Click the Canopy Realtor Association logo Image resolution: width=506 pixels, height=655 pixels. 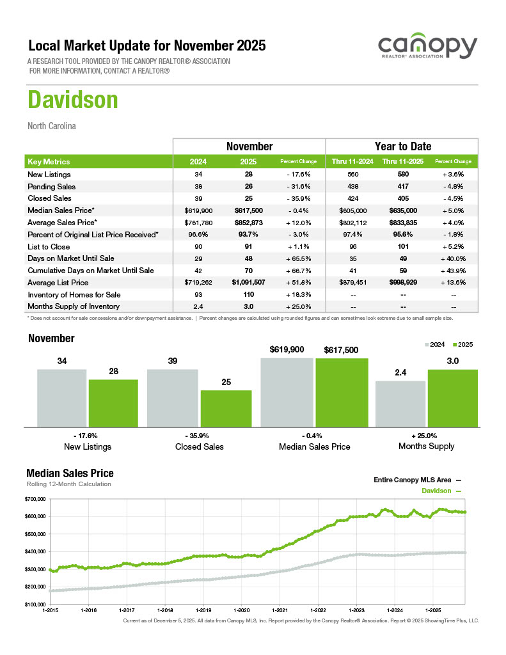427,49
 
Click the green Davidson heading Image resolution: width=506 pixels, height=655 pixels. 73,100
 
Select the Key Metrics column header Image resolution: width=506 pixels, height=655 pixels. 49,162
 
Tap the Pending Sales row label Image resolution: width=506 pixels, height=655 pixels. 51,187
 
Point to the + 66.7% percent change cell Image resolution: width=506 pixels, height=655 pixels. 299,271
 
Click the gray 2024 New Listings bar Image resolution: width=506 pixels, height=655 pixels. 61,397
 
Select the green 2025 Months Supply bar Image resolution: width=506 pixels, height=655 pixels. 453,397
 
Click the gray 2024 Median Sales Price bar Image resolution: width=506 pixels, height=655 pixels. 287,392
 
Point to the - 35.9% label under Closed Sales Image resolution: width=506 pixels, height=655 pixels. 199,436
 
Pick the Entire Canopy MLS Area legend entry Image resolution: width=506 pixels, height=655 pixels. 417,479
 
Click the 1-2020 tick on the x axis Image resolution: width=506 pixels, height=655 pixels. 242,610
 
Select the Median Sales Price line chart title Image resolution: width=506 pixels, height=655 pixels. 70,473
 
